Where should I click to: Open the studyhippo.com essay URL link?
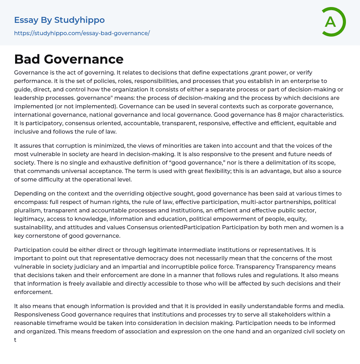[82, 33]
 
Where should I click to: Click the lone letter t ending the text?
[15, 340]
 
